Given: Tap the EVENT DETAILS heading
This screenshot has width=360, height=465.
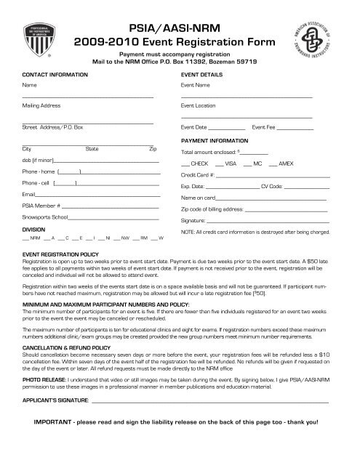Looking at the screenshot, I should click(x=201, y=75).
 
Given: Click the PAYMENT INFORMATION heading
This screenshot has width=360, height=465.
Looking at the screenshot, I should click(x=214, y=140).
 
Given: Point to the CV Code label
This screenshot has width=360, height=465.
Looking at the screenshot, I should click(x=271, y=187).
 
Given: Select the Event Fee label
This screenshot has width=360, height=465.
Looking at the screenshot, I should click(x=264, y=127).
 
